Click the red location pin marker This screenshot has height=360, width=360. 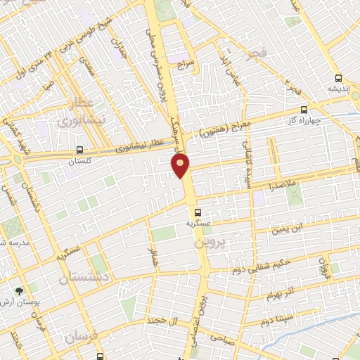coord(181,165)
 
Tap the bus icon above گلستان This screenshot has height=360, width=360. coord(79,150)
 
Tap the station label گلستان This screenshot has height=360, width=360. coord(79,162)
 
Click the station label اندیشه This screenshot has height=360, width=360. coord(339,89)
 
